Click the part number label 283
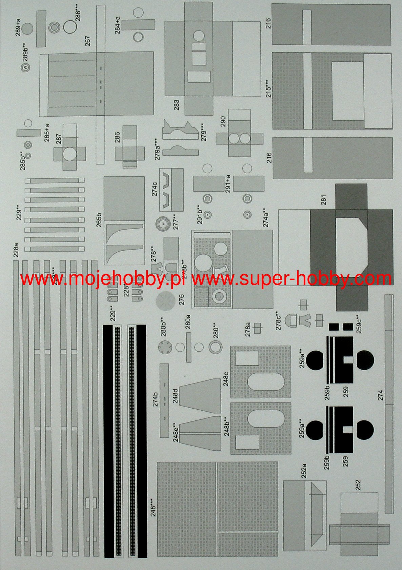coord(177,104)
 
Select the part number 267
coord(88,41)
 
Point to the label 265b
coord(99,220)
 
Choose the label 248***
coord(154,507)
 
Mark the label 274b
coord(155,399)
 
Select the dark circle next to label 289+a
coord(28,28)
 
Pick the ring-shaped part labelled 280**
coord(215,347)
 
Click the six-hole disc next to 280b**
coord(165,347)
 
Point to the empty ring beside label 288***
coord(69,27)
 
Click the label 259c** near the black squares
coord(359,324)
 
